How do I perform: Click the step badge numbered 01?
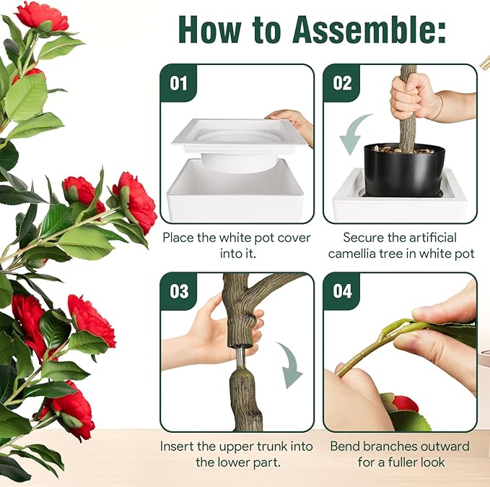point(178,82)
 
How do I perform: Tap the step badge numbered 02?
point(342,82)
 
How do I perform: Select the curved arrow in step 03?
point(291,365)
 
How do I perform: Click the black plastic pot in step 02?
point(403,170)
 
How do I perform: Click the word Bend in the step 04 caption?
point(346,446)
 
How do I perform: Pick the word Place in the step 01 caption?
point(178,237)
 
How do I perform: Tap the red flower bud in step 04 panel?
point(404,404)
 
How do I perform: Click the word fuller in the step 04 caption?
point(392,462)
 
